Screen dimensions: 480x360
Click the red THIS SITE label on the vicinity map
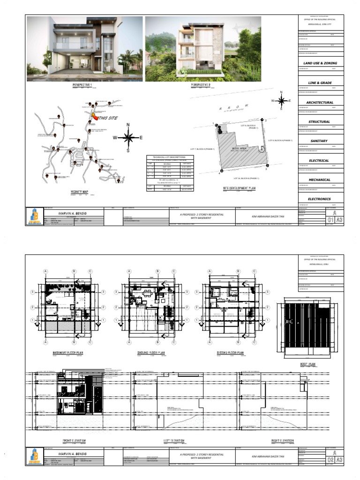[107, 118]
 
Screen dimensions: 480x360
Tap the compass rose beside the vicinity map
[128, 137]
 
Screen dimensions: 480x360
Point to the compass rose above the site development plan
[281, 100]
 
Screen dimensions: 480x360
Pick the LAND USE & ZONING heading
[320, 63]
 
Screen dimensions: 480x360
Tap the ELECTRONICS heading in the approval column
[320, 199]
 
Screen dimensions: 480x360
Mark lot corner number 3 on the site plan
[266, 169]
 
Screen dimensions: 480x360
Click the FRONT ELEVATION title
[77, 441]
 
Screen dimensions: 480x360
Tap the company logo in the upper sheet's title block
[34, 216]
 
